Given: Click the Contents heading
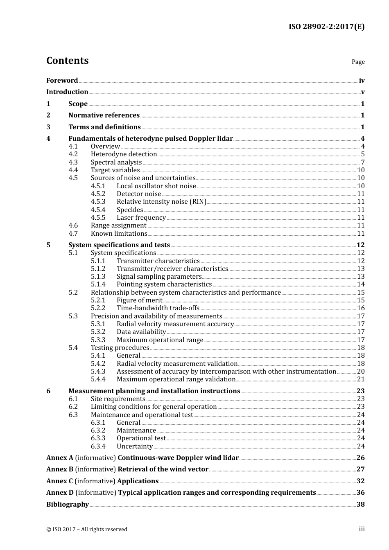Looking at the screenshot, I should tap(67, 61).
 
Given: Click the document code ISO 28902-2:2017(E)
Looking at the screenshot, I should tap(326, 27).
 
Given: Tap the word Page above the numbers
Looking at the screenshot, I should tap(358, 62).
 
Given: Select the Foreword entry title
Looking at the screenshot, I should tap(62, 81).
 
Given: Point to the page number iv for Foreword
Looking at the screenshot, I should tap(362, 81).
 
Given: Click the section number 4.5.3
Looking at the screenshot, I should tap(98, 202).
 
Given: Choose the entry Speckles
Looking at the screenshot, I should tap(130, 210).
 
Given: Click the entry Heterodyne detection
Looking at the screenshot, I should tap(124, 154).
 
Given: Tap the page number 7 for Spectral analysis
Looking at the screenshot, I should tap(362, 162).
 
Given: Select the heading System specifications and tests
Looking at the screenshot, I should tap(119, 245).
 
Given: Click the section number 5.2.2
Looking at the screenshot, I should tap(98, 308).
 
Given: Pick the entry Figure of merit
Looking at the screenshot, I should tap(139, 300).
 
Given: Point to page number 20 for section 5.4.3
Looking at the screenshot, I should tap(361, 372).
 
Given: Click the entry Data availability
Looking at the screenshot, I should tap(141, 332).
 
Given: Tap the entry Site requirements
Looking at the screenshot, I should tap(118, 399).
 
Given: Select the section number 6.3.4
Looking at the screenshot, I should tap(98, 446).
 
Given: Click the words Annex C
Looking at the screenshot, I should tap(59, 481).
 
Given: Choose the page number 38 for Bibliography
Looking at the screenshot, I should tap(360, 505).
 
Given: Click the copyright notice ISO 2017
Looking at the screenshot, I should tap(86, 530).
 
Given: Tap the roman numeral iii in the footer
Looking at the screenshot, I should tap(362, 529).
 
